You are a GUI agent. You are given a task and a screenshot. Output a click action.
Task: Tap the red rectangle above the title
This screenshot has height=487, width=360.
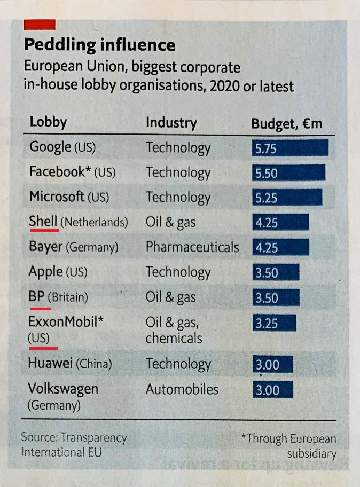[40, 24]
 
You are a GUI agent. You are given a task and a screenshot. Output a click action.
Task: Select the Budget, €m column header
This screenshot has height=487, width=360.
[287, 123]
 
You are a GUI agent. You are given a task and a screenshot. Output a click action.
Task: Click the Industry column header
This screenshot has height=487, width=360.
[171, 123]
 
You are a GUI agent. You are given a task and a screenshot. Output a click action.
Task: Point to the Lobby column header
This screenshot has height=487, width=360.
[48, 122]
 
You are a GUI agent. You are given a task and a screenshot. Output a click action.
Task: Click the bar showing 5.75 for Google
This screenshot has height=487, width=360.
[289, 148]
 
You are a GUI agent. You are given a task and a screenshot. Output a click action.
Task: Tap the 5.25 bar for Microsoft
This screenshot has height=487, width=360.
[287, 198]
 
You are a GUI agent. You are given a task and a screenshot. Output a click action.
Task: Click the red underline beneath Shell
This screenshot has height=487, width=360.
[43, 231]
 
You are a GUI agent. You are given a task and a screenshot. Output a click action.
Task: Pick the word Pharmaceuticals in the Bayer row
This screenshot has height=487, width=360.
[192, 247]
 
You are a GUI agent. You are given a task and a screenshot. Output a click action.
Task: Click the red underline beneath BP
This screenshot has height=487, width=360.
[40, 308]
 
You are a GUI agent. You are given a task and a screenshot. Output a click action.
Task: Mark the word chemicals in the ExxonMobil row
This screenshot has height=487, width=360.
[174, 338]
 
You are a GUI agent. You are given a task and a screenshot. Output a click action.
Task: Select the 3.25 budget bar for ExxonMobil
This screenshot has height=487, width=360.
[273, 323]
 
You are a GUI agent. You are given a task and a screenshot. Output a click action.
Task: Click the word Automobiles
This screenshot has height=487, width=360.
[182, 389]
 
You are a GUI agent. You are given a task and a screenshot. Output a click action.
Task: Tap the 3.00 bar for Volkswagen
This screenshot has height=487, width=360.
[272, 390]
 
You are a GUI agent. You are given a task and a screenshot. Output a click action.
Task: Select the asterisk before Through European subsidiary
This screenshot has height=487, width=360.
[244, 438]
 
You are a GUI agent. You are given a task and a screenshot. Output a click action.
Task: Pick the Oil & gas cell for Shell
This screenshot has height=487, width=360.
[170, 222]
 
